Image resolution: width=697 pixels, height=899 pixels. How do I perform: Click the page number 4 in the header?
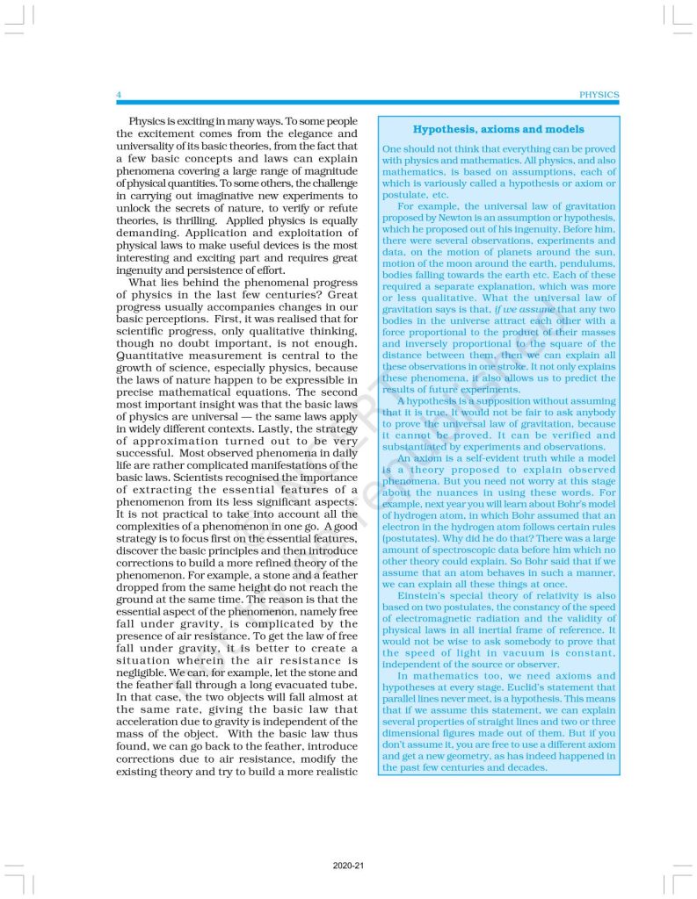point(119,95)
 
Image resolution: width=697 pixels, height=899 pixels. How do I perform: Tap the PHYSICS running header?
point(599,95)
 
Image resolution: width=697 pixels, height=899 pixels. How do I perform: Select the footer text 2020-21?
point(348,865)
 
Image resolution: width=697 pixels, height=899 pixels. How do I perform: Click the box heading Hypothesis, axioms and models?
point(498,129)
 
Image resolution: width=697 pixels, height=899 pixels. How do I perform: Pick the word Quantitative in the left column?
point(149,356)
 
